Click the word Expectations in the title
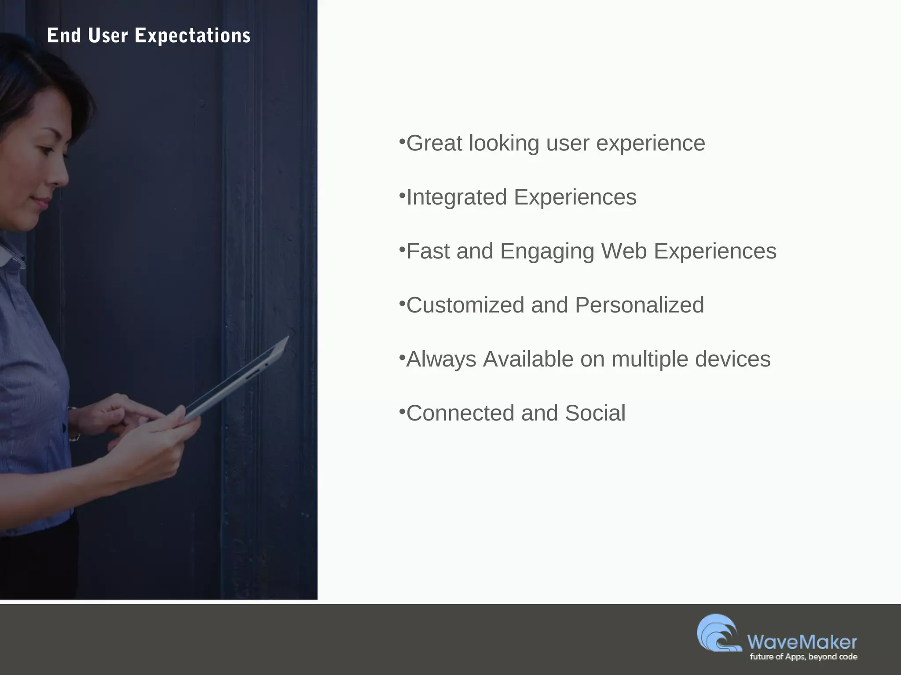pos(192,36)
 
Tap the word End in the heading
pos(64,36)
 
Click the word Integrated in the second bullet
pos(457,197)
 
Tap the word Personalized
pos(639,305)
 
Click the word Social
pos(595,413)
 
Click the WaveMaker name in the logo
pos(802,642)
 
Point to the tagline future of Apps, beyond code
pos(803,657)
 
